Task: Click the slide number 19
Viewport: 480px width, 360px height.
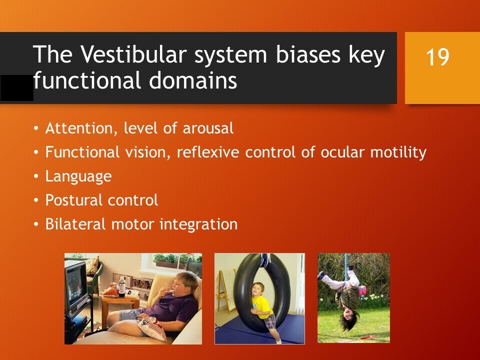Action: [437, 57]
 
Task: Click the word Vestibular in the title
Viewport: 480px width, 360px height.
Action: [133, 54]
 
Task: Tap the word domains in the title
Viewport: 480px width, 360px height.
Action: [193, 80]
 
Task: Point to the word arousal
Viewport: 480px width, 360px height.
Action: [208, 128]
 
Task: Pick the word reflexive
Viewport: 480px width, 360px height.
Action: [208, 152]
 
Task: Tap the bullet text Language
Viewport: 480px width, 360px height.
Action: [78, 177]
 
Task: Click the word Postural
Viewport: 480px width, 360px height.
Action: [74, 200]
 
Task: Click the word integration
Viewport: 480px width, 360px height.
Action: [198, 224]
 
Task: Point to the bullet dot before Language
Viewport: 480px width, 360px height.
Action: [36, 176]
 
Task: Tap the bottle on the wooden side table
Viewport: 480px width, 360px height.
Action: [121, 286]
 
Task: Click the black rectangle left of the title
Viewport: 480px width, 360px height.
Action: [17, 88]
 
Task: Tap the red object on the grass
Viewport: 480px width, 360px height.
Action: [367, 337]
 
